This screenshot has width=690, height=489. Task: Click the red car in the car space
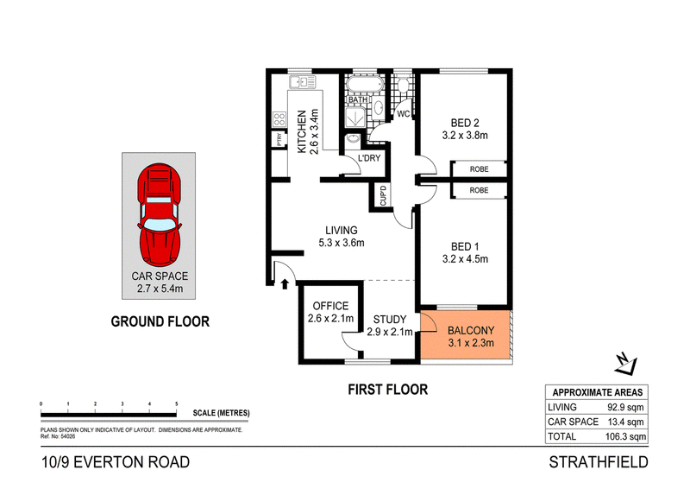click(x=159, y=215)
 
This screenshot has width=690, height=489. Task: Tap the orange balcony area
click(x=466, y=335)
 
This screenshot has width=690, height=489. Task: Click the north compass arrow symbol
click(x=626, y=365)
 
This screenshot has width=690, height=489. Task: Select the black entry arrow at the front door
click(x=285, y=283)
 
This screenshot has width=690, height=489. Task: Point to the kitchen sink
click(x=303, y=82)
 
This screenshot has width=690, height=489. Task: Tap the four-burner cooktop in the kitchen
click(x=279, y=118)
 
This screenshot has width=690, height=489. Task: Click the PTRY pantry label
click(x=279, y=139)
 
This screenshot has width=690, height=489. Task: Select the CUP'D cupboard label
click(x=383, y=195)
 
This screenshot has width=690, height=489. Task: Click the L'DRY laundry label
click(x=369, y=158)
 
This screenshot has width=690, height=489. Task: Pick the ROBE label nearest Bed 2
click(x=480, y=168)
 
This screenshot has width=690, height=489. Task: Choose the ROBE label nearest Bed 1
click(x=480, y=190)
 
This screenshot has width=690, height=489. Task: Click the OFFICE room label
click(x=330, y=306)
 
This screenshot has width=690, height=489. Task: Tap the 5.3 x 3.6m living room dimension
click(x=342, y=243)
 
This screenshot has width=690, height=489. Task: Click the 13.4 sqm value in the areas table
click(x=625, y=422)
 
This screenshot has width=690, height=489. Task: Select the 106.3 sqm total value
click(x=625, y=436)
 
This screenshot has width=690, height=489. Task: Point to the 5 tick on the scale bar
click(x=177, y=403)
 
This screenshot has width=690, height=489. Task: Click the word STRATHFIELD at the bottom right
click(x=599, y=462)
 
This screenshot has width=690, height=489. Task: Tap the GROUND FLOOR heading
click(x=160, y=321)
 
